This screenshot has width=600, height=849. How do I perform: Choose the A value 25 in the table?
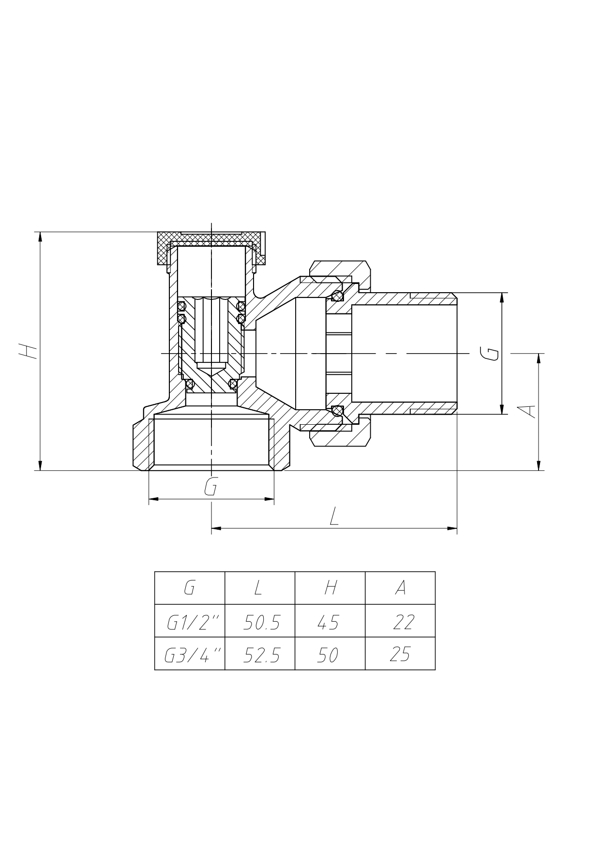(400, 655)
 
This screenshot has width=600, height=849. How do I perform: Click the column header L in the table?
(258, 588)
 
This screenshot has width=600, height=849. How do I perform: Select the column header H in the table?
(330, 588)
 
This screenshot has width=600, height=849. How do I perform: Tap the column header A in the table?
(400, 588)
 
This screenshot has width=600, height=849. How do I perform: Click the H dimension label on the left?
(28, 351)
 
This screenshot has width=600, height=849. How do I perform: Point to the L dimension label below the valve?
(334, 517)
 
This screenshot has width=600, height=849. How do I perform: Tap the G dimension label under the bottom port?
(210, 487)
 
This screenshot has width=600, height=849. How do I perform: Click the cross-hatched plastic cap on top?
(211, 240)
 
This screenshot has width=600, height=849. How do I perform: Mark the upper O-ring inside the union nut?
(337, 296)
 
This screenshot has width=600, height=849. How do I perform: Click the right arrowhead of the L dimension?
(453, 528)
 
